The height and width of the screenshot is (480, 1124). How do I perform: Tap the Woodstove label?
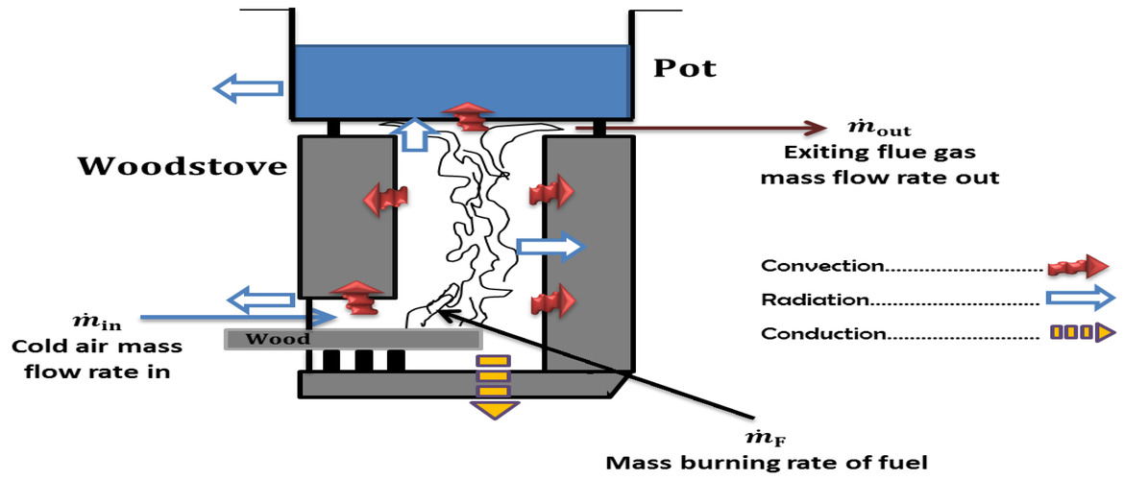(183, 166)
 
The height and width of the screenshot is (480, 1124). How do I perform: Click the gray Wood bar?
(353, 339)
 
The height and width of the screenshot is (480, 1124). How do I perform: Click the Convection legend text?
(822, 265)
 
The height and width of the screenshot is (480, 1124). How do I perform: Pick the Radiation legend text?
(816, 300)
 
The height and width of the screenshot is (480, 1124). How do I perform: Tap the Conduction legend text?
(821, 334)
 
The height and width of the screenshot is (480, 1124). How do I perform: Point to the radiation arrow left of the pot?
(248, 89)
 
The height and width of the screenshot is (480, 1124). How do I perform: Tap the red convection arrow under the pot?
(471, 115)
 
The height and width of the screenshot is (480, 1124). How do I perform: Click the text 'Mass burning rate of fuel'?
(768, 463)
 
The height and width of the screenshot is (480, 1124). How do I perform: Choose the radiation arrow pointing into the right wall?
(550, 248)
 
